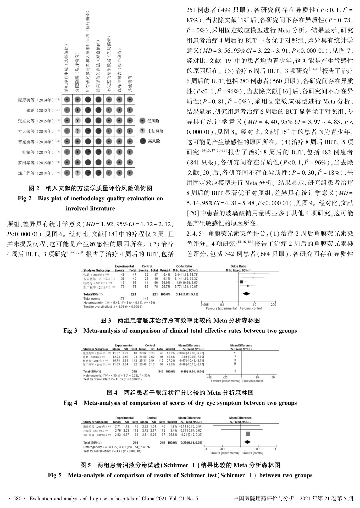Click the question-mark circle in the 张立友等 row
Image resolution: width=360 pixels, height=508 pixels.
pyautogui.click(x=77, y=121)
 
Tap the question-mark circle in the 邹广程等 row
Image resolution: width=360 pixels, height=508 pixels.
pyautogui.click(x=77, y=173)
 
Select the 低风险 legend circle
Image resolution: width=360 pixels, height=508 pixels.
pyautogui.click(x=142, y=121)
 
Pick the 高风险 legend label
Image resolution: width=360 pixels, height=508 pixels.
pyautogui.click(x=154, y=141)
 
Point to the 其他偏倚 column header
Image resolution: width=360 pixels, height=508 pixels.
pyautogui.click(x=130, y=84)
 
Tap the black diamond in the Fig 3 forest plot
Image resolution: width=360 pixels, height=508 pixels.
pyautogui.click(x=246, y=294)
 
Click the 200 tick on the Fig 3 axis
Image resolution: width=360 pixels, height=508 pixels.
pyautogui.click(x=273, y=305)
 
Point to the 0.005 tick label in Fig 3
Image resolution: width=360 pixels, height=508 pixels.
pyautogui.click(x=205, y=305)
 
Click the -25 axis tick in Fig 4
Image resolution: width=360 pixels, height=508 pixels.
pyautogui.click(x=225, y=377)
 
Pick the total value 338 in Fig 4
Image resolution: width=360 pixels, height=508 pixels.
pyautogui.click(x=134, y=371)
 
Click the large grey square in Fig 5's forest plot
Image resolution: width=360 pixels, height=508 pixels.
pyautogui.click(x=247, y=434)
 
